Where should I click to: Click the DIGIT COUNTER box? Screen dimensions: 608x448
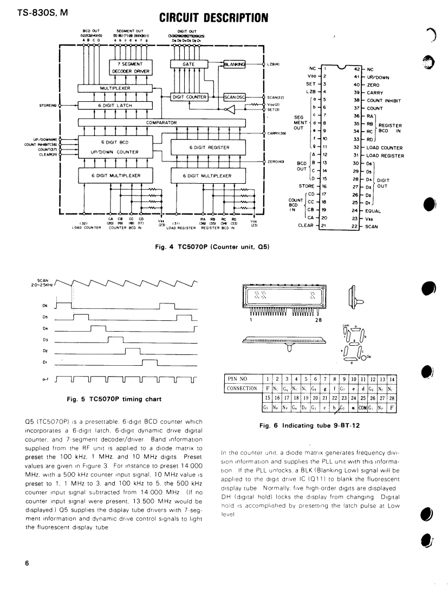point(189,97)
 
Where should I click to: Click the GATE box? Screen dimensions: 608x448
point(189,64)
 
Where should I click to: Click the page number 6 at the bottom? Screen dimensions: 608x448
point(27,562)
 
